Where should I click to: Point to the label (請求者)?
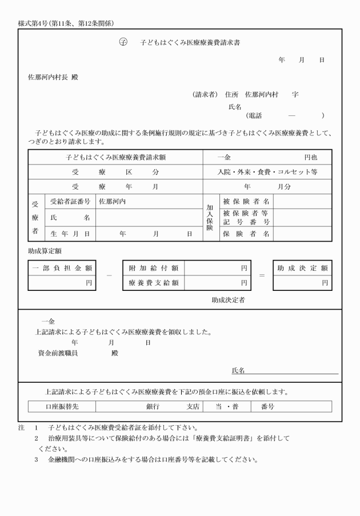point(206,95)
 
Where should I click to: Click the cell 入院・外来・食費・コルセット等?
point(267,171)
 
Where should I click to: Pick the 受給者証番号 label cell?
point(70,202)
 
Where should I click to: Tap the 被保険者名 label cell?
point(246,202)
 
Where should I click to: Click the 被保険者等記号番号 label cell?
point(246,217)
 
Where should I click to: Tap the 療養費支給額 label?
point(154,282)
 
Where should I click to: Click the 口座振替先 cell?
point(62,406)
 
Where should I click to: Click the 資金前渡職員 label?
point(58,353)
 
